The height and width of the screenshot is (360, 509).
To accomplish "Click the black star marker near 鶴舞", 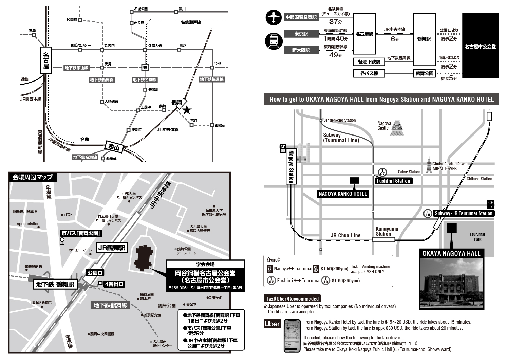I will [187, 109].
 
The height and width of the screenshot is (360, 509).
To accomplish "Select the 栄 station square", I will [145, 67].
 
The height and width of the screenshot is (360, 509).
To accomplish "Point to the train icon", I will [273, 41].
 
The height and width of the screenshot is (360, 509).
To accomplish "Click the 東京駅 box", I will [301, 34].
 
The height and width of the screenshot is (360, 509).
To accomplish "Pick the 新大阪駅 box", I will [301, 50].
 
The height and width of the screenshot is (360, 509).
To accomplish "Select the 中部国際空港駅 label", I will [301, 17].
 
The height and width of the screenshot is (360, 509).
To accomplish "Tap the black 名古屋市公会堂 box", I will [480, 46].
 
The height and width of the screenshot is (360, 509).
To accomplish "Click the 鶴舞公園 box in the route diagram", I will [424, 73].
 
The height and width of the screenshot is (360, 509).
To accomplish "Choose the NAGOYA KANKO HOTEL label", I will [343, 194].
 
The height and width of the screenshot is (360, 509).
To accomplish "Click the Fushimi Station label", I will [394, 181].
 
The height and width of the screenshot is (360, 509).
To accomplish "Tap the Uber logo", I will [272, 324].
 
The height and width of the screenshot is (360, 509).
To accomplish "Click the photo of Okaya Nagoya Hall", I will [451, 284].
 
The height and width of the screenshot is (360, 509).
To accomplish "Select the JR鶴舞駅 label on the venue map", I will [112, 248].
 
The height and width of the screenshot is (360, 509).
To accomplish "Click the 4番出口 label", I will [114, 284].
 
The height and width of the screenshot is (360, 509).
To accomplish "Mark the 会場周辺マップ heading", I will [33, 177].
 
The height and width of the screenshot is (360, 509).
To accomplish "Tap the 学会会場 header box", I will [205, 264].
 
